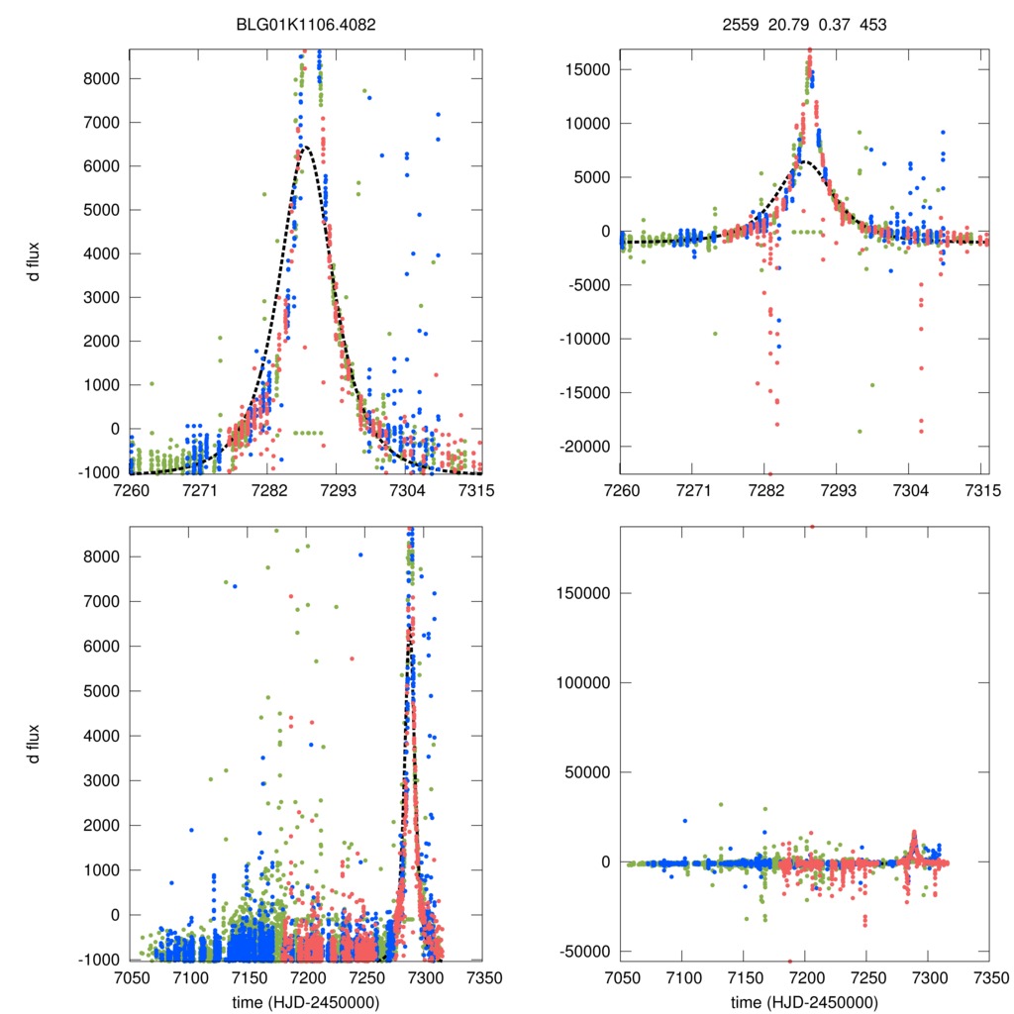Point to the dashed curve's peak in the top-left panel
pyautogui.click(x=305, y=147)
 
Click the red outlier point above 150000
pyautogui.click(x=812, y=527)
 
